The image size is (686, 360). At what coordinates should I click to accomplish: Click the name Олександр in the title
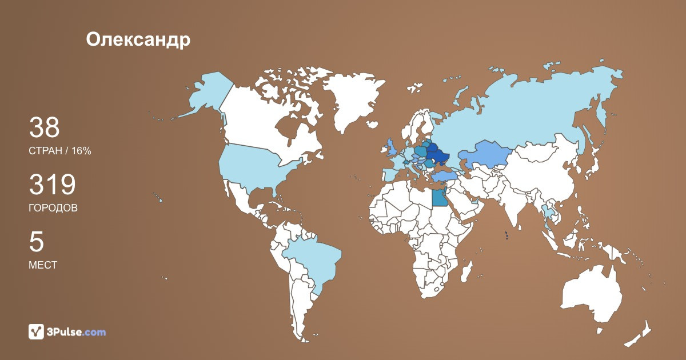click(138, 39)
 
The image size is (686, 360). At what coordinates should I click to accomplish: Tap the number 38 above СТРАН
click(44, 127)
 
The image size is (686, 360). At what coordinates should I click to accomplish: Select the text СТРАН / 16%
click(59, 151)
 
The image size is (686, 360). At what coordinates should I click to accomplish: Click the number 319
click(52, 185)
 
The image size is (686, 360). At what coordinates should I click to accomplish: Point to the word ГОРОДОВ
click(53, 208)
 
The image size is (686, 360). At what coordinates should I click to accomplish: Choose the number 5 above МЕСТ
click(36, 242)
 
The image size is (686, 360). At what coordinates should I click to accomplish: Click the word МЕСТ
click(42, 265)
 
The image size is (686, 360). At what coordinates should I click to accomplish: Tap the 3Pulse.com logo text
click(77, 331)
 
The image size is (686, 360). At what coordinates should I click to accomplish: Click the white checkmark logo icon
click(37, 331)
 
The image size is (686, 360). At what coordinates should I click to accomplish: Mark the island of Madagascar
click(466, 273)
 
